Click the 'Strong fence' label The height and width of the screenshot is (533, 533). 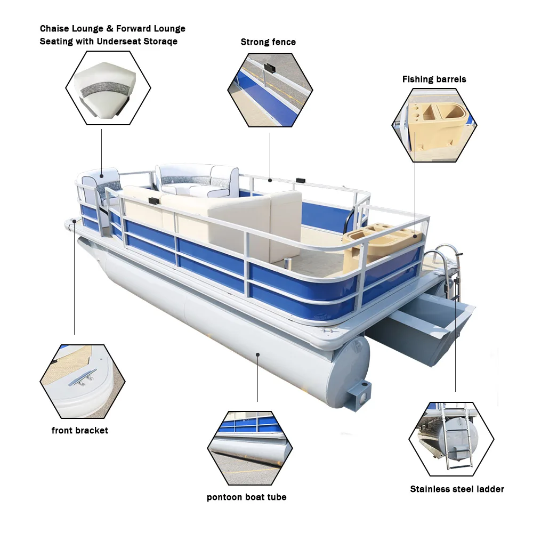click(268, 42)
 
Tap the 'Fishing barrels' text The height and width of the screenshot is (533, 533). click(434, 79)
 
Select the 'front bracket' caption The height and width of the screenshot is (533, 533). click(80, 430)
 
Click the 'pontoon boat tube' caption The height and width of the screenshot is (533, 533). click(247, 497)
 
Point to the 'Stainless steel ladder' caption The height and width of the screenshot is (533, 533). click(457, 489)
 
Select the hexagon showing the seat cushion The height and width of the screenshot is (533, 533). click(108, 88)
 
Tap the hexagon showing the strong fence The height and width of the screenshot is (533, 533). click(270, 90)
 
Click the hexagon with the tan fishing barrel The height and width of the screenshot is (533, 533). click(434, 125)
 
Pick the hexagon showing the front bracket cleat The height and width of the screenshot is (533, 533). click(83, 381)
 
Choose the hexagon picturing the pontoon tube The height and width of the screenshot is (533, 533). click(250, 448)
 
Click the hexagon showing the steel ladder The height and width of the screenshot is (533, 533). click(451, 439)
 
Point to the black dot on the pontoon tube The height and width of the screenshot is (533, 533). click(257, 353)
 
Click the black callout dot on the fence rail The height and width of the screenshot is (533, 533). click(270, 180)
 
